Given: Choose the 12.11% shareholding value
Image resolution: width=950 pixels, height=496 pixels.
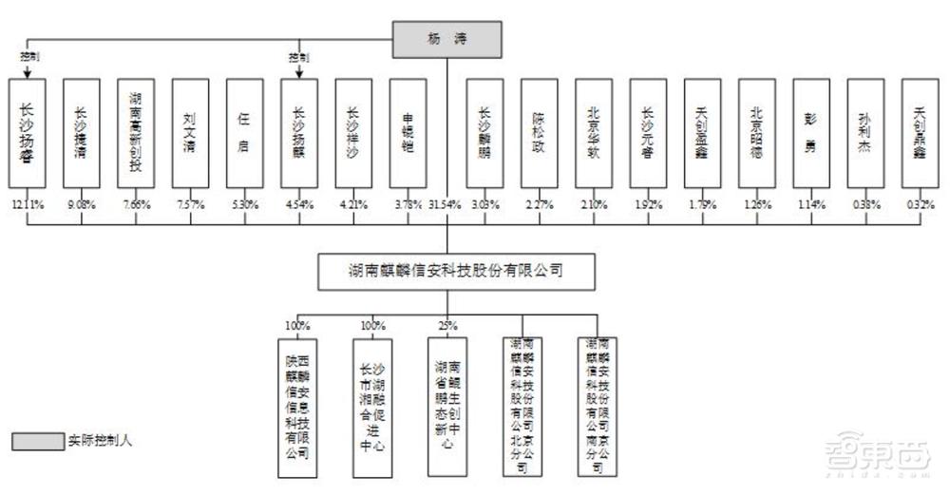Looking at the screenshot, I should (28, 204).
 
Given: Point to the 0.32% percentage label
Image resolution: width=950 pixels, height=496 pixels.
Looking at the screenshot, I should (920, 204).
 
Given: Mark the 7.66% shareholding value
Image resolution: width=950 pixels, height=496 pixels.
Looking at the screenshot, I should (136, 204).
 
